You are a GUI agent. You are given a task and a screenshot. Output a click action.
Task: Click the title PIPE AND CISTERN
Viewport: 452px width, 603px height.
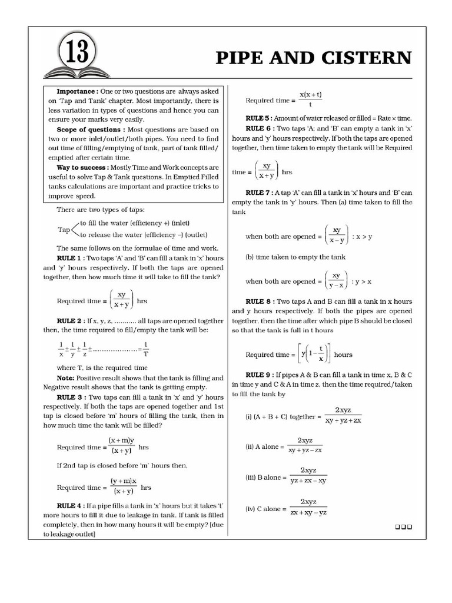pyautogui.click(x=314, y=58)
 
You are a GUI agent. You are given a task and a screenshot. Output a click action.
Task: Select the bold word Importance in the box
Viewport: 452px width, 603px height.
pyautogui.click(x=77, y=92)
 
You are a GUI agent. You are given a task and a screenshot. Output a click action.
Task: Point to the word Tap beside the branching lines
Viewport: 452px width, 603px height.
pyautogui.click(x=63, y=229)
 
